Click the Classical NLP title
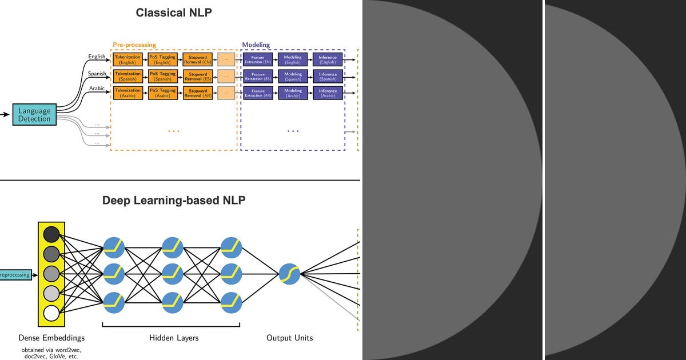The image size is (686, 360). [x=174, y=13]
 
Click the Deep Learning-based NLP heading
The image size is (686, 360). [x=174, y=201]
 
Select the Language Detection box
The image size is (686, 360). [x=34, y=115]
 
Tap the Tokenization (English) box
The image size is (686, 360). [x=127, y=59]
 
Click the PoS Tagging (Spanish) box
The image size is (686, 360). [x=162, y=76]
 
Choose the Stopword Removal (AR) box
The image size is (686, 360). [x=198, y=93]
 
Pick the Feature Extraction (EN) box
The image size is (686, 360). [x=258, y=59]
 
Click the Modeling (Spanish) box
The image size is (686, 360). [x=293, y=76]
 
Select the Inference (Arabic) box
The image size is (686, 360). [x=328, y=93]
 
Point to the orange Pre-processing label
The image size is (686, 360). [x=134, y=45]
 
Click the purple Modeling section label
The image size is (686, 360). [x=256, y=45]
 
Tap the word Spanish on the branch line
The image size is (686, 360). [x=97, y=74]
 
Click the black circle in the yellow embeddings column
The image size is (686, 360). [x=51, y=234]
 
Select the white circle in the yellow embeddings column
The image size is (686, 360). [x=51, y=313]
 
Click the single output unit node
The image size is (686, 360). [x=289, y=274]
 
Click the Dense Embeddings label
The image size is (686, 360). [x=51, y=338]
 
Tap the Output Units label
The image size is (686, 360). [x=289, y=338]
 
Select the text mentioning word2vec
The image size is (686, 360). [x=51, y=349]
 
